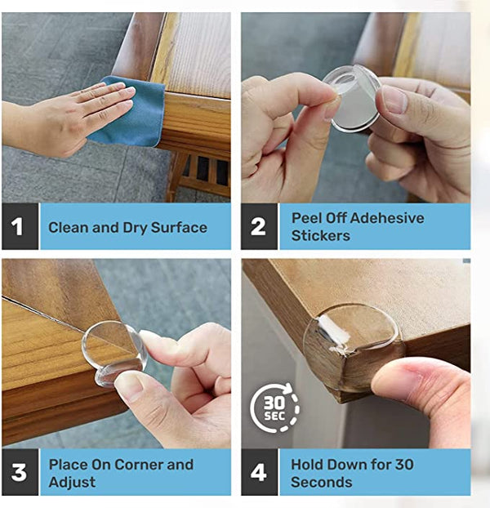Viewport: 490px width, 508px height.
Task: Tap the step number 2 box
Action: click(258, 226)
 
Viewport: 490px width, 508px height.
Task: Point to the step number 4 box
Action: click(258, 472)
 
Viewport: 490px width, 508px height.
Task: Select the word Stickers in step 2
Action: click(320, 236)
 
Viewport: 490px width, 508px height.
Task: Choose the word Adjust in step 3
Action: click(72, 482)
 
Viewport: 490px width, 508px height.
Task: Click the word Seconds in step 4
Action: click(322, 482)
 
